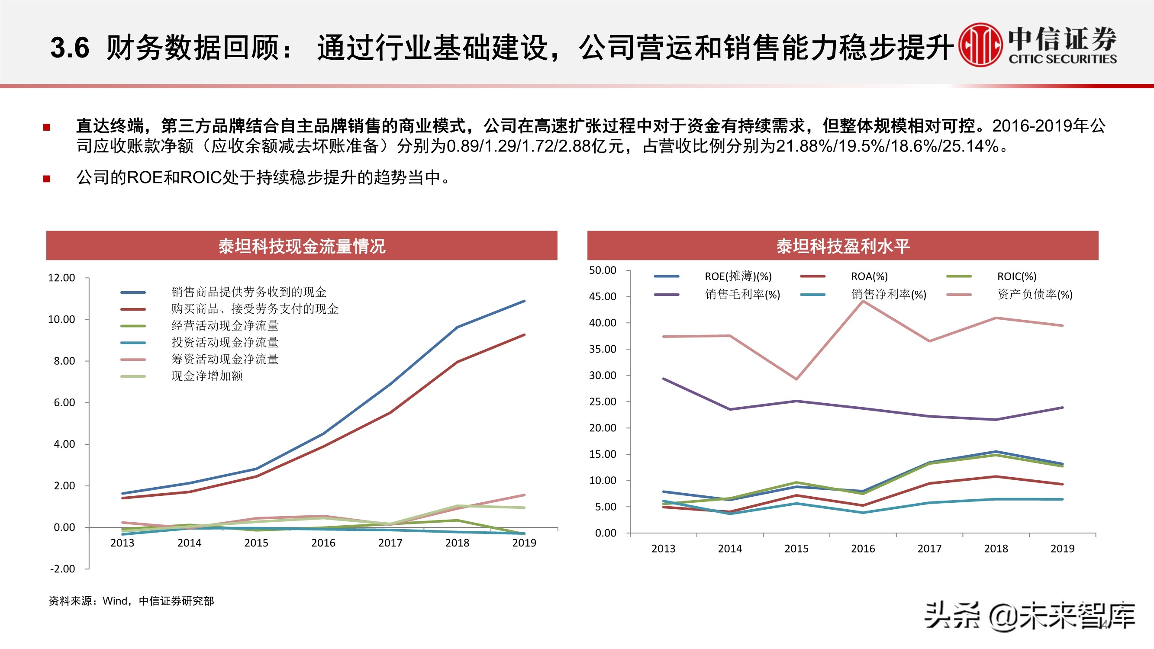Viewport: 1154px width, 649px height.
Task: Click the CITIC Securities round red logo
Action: coord(980,45)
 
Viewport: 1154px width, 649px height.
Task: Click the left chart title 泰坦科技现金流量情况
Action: coord(302,246)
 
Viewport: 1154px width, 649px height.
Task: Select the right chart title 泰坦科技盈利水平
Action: coord(843,246)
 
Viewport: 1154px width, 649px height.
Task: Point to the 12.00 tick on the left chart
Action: coord(61,278)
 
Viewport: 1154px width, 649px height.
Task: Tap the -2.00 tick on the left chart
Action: coord(62,569)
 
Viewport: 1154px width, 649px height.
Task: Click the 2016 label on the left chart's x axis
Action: coord(323,543)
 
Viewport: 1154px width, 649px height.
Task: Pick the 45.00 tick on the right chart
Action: coord(603,296)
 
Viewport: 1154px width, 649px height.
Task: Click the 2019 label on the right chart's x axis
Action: coord(1062,549)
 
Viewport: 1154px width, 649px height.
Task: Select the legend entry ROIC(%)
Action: coord(1016,276)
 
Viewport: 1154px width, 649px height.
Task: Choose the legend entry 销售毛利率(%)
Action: coord(742,294)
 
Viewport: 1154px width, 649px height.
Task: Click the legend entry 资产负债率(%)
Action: coord(1035,294)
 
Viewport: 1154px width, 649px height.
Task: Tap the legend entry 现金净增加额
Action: coord(207,376)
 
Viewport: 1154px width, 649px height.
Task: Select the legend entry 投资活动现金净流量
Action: coord(225,343)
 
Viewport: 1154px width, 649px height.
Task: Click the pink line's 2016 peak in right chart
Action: coord(863,302)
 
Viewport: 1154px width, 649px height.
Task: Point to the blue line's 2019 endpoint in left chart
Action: coord(524,301)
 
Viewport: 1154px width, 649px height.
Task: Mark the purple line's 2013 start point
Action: coord(664,379)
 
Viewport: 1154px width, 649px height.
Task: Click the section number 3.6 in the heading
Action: coord(69,48)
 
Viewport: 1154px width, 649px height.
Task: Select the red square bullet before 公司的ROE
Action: coord(47,179)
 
